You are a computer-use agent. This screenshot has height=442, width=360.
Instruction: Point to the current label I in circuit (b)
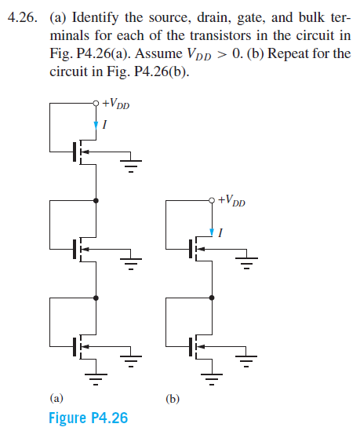[x=221, y=232]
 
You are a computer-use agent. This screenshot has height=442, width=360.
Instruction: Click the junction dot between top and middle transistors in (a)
[x=96, y=200]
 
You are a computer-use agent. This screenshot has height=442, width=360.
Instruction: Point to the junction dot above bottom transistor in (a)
[x=96, y=298]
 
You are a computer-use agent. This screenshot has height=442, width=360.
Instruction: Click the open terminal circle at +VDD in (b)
[x=212, y=200]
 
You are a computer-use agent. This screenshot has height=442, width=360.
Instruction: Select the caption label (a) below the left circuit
[x=56, y=398]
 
